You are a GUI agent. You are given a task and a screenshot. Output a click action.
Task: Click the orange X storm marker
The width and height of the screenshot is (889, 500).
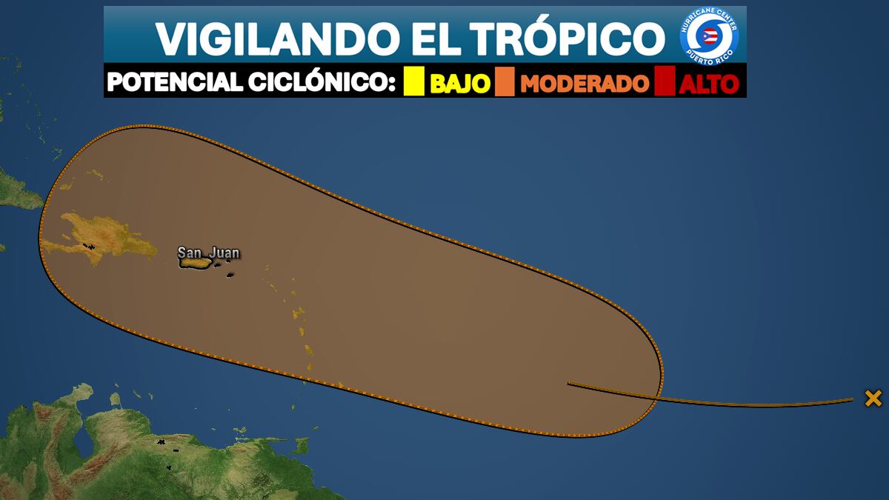873,399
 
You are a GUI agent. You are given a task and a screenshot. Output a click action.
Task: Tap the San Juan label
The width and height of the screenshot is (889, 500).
208,253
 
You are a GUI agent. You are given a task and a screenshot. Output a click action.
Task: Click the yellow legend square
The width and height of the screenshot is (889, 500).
414,81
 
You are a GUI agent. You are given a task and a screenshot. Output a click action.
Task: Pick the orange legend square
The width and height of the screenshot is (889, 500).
505,81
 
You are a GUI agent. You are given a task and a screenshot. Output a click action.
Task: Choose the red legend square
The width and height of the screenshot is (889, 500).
665,81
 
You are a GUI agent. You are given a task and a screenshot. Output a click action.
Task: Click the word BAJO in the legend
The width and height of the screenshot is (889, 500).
460,83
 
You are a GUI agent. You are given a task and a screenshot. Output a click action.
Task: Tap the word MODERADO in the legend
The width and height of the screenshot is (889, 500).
585,83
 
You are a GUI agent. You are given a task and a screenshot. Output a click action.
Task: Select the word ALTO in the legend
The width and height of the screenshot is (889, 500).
710,83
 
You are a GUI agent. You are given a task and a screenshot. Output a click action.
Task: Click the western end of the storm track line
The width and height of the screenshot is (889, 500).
569,383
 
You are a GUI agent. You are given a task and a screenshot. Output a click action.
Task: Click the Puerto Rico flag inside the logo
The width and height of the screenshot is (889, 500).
710,36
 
